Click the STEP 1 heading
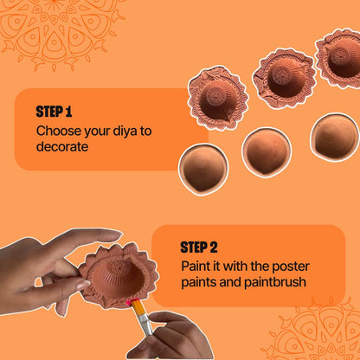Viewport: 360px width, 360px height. pyautogui.click(x=54, y=112)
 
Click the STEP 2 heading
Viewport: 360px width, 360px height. pyautogui.click(x=199, y=247)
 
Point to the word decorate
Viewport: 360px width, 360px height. pyautogui.click(x=62, y=147)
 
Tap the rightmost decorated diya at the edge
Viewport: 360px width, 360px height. pyautogui.click(x=339, y=56)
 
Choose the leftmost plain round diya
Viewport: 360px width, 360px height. pyautogui.click(x=203, y=167)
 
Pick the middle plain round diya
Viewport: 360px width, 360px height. pyautogui.click(x=266, y=151)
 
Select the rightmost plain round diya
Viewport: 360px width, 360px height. pyautogui.click(x=334, y=138)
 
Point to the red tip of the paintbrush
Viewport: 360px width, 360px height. pyautogui.click(x=135, y=304)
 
